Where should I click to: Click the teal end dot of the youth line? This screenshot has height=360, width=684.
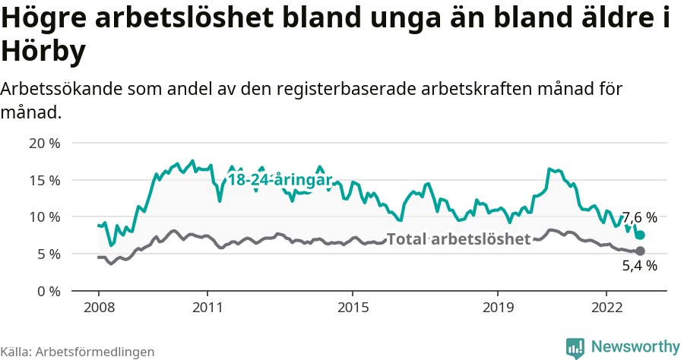coord(640,235)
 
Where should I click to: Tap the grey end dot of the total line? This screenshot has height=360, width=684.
coord(640,251)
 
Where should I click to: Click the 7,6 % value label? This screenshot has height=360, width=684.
coord(639,218)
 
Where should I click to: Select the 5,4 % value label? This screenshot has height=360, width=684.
coord(639,266)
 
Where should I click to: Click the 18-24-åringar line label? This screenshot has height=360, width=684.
coord(280,180)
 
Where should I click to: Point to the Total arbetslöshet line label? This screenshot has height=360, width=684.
coord(458,239)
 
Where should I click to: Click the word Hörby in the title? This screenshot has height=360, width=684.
coord(43,52)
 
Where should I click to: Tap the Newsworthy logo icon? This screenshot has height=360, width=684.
coord(575,347)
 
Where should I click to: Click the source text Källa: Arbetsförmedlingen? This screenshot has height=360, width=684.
coord(78,352)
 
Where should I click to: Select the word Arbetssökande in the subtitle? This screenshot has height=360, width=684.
coord(62,89)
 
